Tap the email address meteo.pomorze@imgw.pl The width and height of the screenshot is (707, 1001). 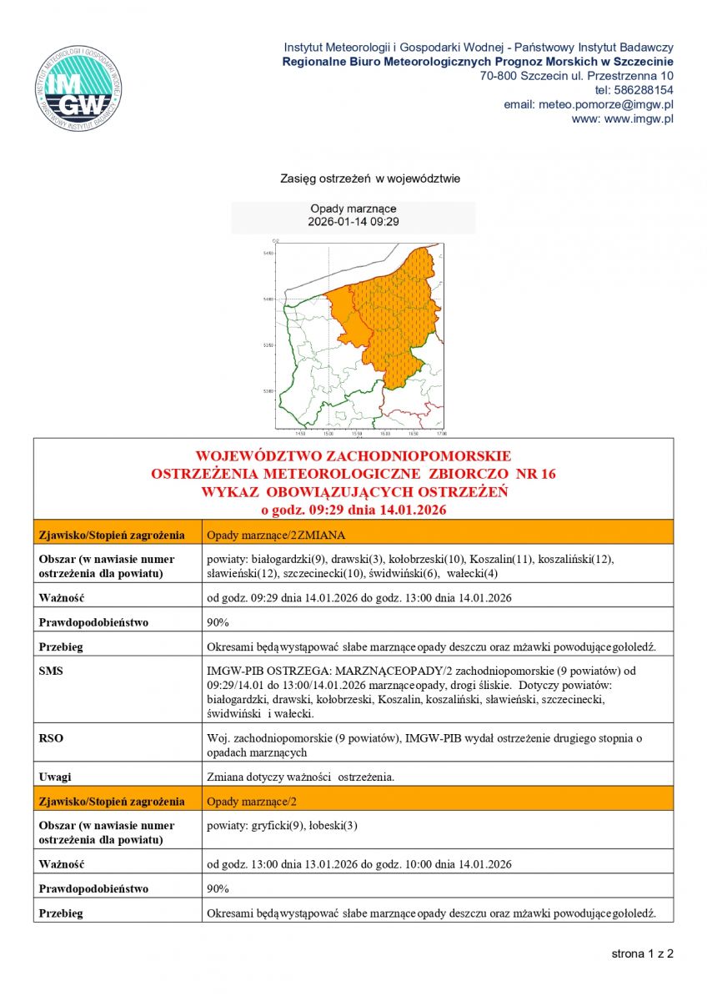click(588, 104)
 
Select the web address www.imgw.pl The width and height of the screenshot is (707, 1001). click(638, 118)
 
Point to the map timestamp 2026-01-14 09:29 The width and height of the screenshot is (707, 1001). click(353, 222)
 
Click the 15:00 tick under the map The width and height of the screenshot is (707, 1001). click(328, 435)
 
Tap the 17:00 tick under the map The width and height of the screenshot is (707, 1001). click(441, 435)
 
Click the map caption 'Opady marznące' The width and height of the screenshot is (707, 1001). click(353, 209)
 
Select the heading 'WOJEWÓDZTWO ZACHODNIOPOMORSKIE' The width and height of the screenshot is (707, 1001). click(353, 456)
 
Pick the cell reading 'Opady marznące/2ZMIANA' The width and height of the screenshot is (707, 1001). click(276, 535)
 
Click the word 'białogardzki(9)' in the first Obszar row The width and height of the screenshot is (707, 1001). click(289, 558)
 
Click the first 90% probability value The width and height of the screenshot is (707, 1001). click(218, 622)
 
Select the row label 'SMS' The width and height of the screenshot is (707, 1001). click(50, 670)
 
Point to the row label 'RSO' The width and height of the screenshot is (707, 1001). click(50, 737)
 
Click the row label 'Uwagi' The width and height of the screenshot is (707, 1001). click(54, 777)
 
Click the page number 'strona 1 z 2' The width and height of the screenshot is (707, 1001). click(642, 953)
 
